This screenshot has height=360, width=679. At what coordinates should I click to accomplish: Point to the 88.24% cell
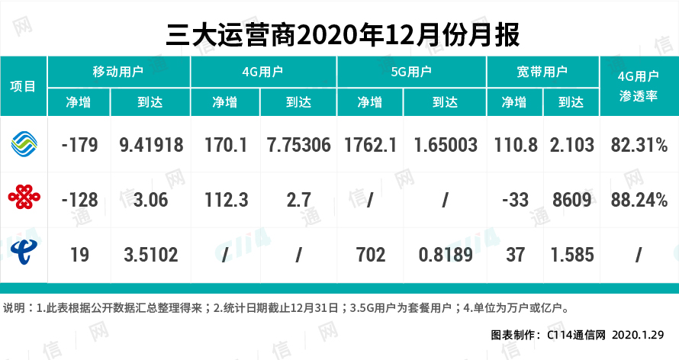tap(639, 199)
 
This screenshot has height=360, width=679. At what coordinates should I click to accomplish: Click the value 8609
tap(571, 199)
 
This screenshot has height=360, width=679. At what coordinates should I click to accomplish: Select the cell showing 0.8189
tap(445, 253)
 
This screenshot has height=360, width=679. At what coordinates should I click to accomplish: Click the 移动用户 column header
tap(118, 72)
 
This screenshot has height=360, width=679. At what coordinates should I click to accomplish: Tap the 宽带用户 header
tap(542, 72)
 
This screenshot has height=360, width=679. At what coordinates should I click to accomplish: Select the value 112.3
tap(224, 199)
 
